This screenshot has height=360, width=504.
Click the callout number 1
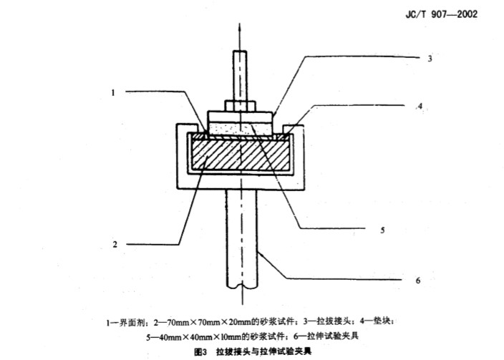113,93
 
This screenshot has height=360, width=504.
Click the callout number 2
115,245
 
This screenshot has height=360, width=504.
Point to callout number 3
430,59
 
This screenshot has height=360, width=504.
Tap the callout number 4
420,106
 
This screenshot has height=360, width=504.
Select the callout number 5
382,230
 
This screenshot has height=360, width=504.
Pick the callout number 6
418,281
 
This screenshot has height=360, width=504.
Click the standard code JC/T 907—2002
441,14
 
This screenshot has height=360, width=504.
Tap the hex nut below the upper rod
241,106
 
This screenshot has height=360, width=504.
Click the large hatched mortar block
241,154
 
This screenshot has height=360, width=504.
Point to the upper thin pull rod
240,76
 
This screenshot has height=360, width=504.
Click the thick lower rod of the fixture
241,238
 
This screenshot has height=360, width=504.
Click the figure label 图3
201,352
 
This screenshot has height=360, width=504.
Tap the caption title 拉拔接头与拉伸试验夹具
263,351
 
